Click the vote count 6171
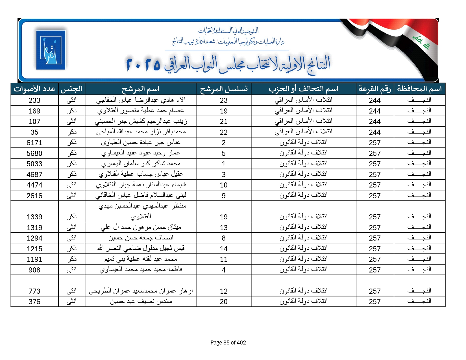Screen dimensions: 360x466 coord(34,143)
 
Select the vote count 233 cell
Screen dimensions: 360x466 coord(34,101)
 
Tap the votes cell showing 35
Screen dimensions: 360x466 coord(34,132)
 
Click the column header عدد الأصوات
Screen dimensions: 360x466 coord(34,89)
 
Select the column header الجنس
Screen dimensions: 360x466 coord(71,89)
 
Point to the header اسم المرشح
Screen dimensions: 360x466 coord(141,89)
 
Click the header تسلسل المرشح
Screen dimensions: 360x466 coord(224,89)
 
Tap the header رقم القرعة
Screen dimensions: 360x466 coord(374,89)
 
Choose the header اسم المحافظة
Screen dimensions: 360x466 coord(419,89)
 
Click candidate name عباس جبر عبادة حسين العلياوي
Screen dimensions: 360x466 coord(141,143)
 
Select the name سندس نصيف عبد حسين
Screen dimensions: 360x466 coord(141,302)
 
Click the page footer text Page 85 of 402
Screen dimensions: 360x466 coord(228,342)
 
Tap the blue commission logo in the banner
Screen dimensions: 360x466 coord(51,50)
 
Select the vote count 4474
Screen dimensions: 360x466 coord(34,185)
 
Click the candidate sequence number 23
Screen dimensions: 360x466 coord(223,101)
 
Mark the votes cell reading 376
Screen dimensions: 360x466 coord(34,302)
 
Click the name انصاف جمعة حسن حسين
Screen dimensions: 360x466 coord(141,238)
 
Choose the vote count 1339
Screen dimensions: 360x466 coord(34,217)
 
